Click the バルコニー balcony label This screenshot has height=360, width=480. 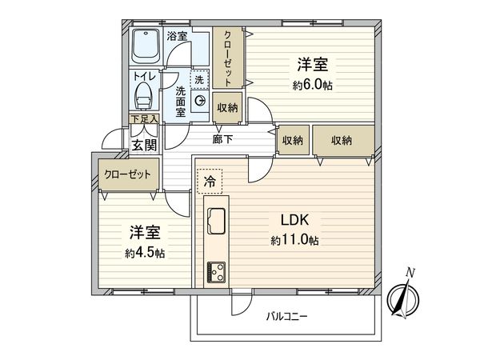tap(287, 316)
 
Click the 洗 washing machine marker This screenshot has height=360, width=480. tap(199, 78)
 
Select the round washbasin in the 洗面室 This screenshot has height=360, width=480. tap(197, 102)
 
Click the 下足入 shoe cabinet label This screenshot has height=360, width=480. tap(144, 118)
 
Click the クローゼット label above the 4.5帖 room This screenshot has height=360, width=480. tap(126, 174)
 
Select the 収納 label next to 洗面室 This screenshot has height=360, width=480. tap(227, 106)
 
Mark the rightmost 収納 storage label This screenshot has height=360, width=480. tap(342, 140)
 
